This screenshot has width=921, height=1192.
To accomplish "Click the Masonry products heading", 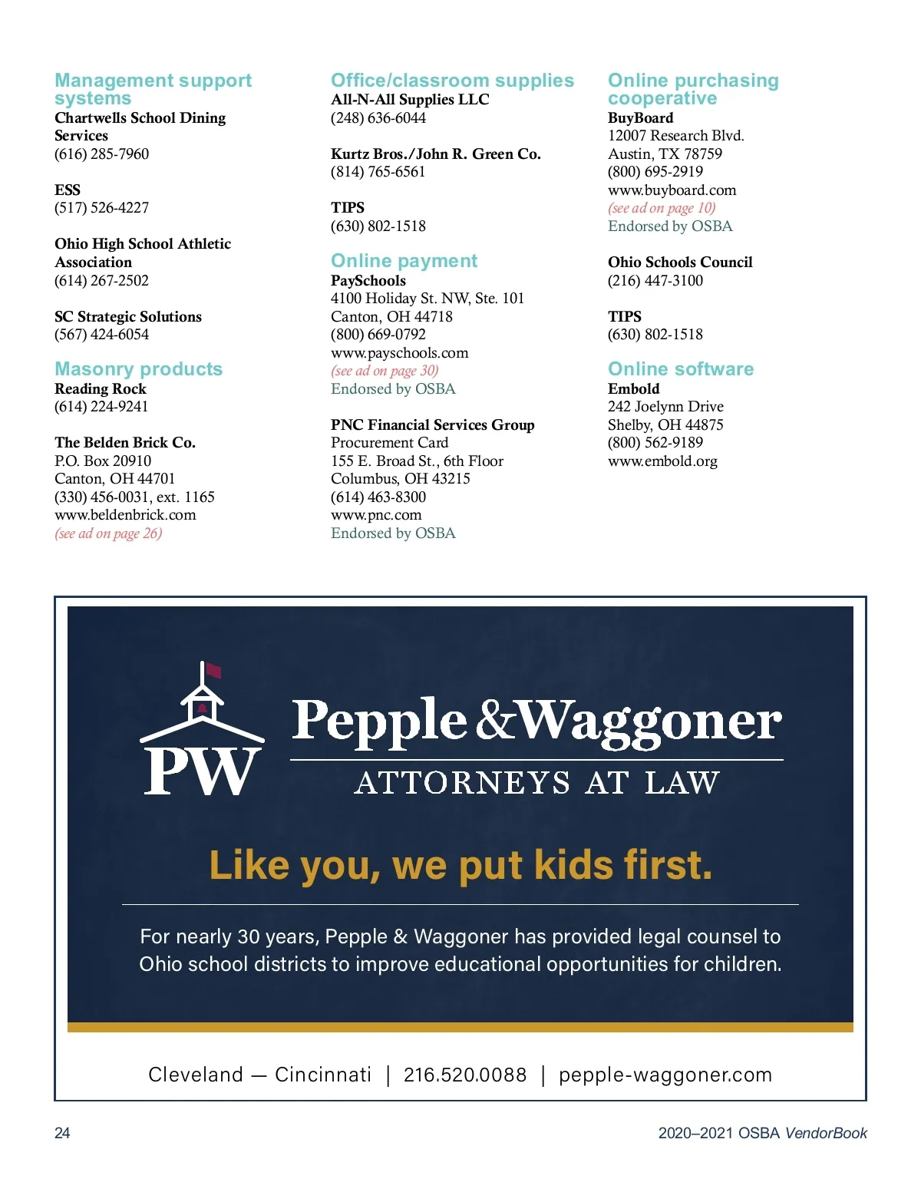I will pos(138,369).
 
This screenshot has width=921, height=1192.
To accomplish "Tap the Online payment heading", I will pos(404,261).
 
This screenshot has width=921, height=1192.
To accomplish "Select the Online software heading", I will pos(680,369).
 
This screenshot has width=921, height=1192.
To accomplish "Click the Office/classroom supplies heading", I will pos(452,81).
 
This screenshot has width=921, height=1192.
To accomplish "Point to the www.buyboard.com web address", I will pos(672,190).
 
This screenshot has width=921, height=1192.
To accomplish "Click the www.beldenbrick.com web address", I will pos(125,515).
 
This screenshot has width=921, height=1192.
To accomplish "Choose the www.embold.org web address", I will pos(662,461).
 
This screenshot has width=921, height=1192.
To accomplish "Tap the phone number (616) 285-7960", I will pos(101,154).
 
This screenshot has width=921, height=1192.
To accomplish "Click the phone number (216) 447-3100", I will pos(655,280).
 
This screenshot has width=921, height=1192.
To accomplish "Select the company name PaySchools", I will pos(368,280).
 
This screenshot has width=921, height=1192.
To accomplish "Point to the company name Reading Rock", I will pos(100,388).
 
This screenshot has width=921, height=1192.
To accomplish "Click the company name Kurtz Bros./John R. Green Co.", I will pos(435,154).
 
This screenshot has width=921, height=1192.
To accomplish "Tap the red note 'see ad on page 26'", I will pos(108,533).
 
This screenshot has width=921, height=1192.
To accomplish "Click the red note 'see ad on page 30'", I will pos(385,371).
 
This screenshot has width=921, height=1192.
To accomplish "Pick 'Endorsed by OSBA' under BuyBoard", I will pos(670,226).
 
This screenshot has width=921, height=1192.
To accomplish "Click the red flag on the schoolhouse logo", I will pos(213,670).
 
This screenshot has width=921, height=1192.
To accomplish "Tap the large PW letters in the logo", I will pos(200,771).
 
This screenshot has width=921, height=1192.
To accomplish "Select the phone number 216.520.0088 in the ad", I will pos(465,1075).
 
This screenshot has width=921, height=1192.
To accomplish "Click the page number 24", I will pos(62,1133).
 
